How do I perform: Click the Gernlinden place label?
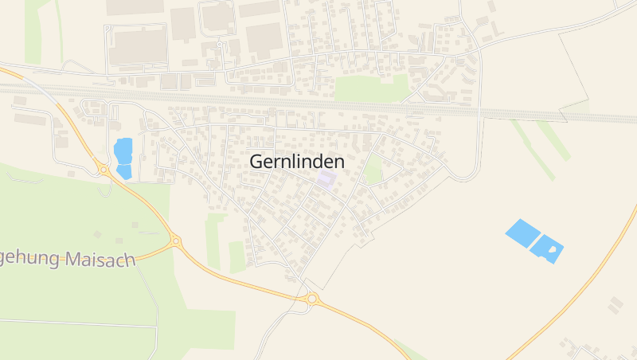tap(297, 161)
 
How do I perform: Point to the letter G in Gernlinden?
tap(257, 161)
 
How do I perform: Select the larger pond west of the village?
tap(123, 150)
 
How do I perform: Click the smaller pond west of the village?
tap(124, 171)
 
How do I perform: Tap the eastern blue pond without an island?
tap(522, 233)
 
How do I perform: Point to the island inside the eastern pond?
tap(553, 248)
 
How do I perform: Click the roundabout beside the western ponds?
tap(104, 169)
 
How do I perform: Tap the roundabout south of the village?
tap(312, 299)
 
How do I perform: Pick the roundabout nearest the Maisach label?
tap(175, 240)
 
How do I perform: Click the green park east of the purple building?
tap(373, 170)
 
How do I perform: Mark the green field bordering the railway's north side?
tap(370, 88)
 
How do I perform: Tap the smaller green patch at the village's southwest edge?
tap(236, 256)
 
